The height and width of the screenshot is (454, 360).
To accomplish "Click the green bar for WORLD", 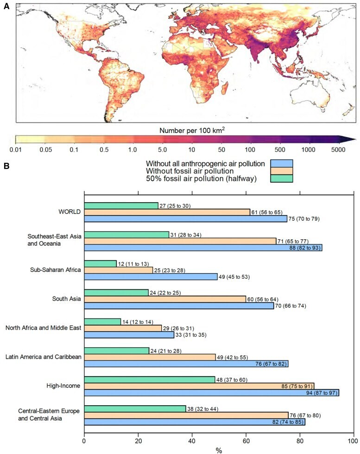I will coord(121,205).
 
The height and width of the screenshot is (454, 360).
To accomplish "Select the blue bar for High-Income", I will coord(211,393).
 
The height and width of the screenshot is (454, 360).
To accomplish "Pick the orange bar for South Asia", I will coord(165,299).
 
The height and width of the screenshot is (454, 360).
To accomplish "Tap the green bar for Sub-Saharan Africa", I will coord(101,263).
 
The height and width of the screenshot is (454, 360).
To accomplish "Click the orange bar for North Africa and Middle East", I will coord(123,328).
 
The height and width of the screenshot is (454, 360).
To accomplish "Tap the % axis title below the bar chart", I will coord(219,449).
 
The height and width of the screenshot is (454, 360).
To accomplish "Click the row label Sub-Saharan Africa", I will coord(55,270).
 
